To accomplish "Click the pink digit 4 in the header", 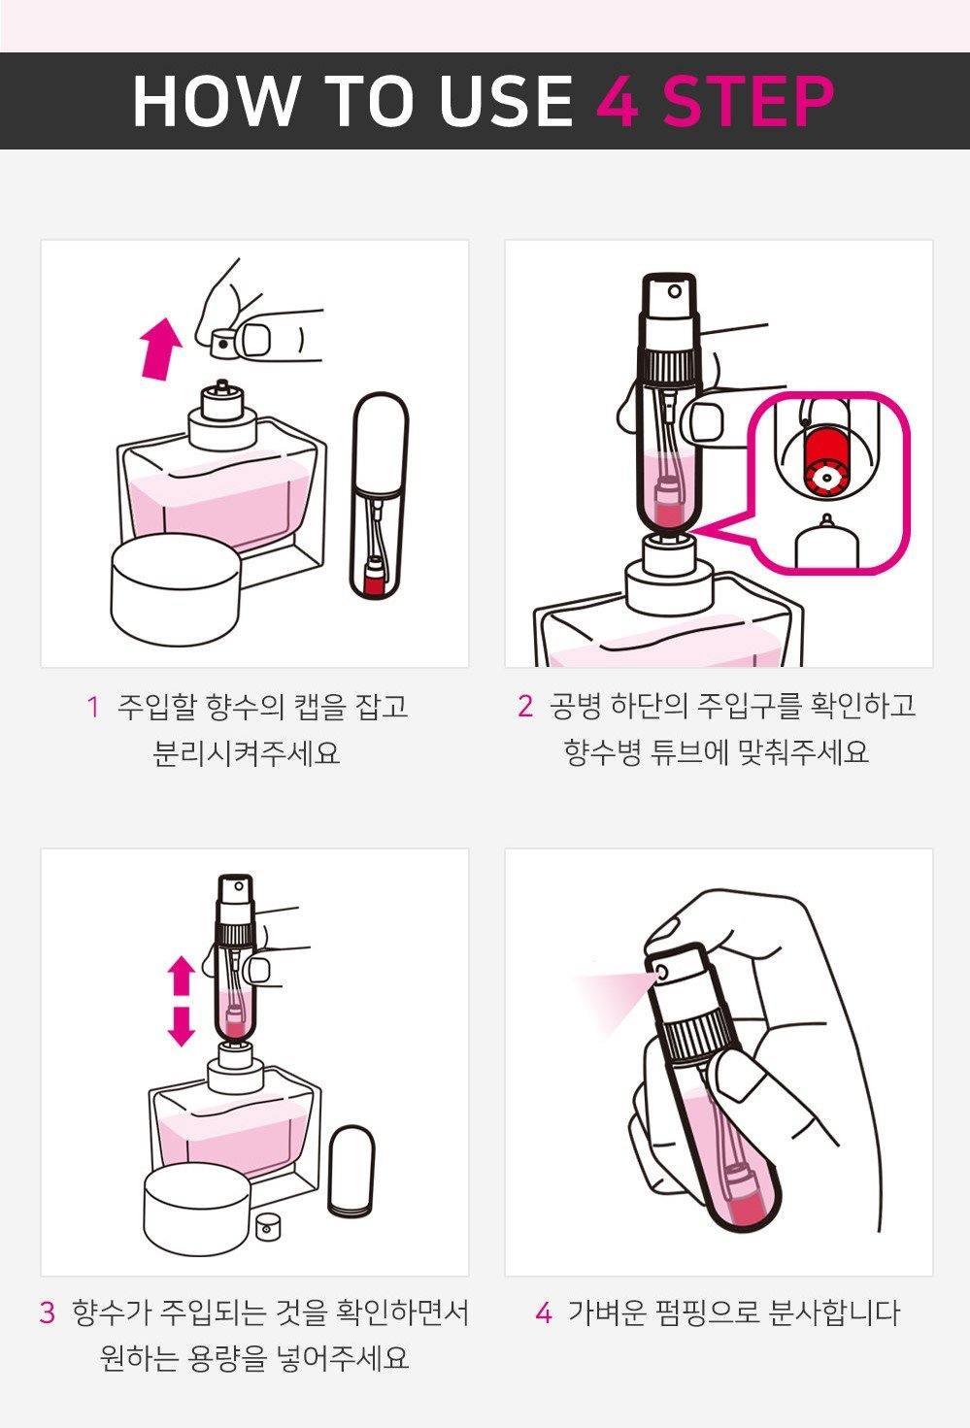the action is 618,101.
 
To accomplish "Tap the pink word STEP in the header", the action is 749,101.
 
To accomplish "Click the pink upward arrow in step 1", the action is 160,349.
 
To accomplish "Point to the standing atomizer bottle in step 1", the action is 380,495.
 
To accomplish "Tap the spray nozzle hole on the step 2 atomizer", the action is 674,292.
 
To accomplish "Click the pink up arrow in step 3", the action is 182,976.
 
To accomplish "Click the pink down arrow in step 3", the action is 182,1027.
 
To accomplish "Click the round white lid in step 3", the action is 197,1209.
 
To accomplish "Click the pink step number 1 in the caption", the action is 93,707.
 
